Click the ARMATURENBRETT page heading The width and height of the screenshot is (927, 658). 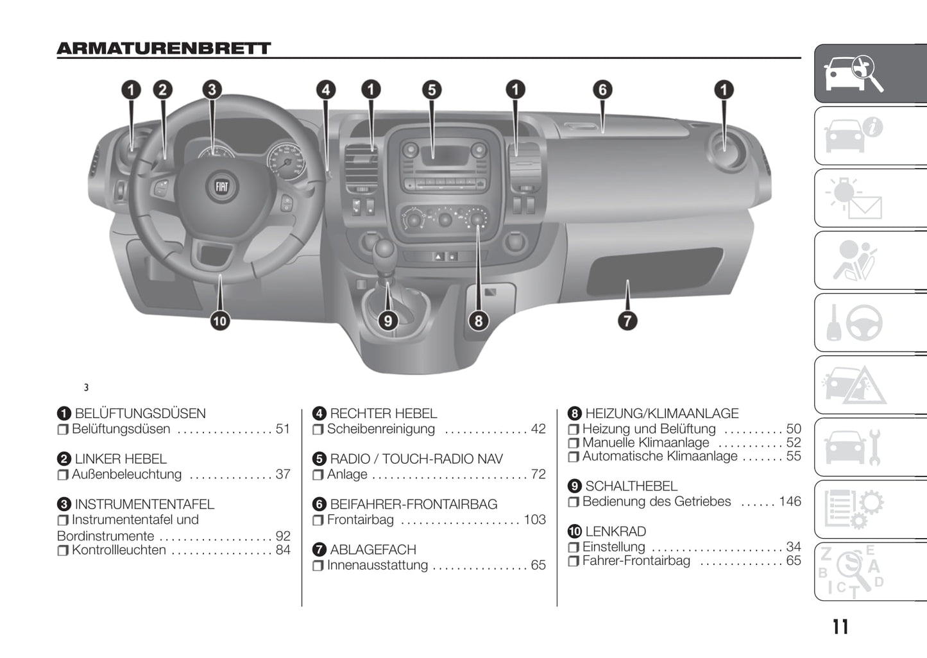[164, 49]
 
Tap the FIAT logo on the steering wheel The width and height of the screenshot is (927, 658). [221, 187]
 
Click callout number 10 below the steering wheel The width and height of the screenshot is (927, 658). [220, 320]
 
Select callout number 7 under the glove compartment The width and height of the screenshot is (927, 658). [627, 320]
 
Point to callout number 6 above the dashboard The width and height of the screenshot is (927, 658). [602, 90]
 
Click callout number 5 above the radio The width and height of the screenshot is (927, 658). [432, 90]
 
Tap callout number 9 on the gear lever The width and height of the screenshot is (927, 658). [387, 320]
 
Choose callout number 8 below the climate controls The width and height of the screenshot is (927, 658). [479, 320]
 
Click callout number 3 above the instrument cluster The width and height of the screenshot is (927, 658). [212, 90]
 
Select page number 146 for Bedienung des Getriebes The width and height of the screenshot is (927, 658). [790, 502]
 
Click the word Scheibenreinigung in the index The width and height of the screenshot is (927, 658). [381, 429]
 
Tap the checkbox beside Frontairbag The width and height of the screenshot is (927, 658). [318, 520]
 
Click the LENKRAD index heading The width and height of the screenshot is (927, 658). [615, 532]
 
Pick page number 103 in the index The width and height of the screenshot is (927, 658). [534, 520]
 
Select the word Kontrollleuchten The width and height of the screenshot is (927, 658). [119, 550]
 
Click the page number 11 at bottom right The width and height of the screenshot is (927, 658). [840, 627]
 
